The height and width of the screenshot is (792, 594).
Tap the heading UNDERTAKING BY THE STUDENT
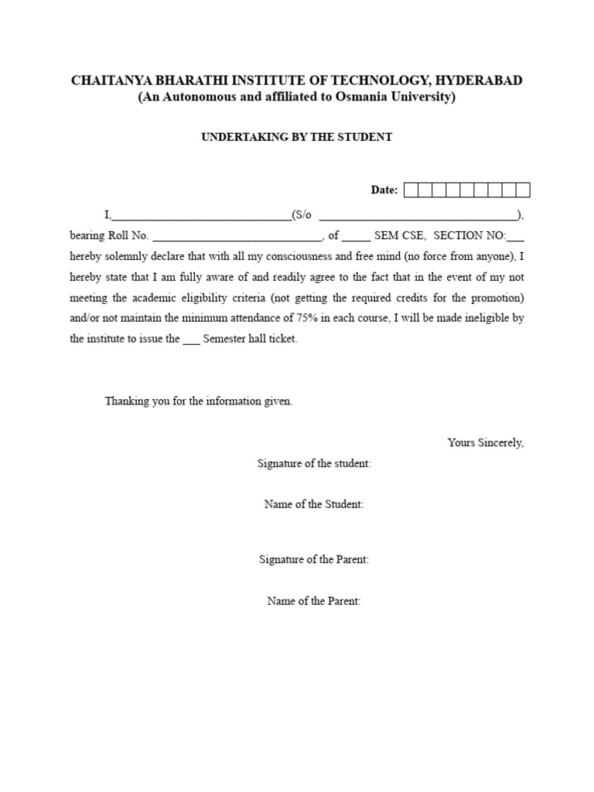[297, 137]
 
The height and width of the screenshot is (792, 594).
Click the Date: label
[384, 190]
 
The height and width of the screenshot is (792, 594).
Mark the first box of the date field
[411, 190]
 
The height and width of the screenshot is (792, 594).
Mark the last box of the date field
[523, 190]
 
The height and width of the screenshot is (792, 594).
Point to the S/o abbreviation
[302, 215]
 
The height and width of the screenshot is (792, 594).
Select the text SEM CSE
[399, 236]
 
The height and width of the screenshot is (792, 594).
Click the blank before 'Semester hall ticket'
[191, 339]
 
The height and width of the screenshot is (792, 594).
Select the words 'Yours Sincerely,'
[485, 442]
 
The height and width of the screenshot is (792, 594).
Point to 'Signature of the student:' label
[314, 463]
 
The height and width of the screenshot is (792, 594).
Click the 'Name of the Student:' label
[314, 504]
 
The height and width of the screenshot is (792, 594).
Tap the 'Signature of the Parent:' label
[313, 559]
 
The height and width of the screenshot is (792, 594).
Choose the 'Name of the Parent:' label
[313, 601]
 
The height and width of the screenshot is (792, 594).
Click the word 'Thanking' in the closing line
[126, 401]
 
